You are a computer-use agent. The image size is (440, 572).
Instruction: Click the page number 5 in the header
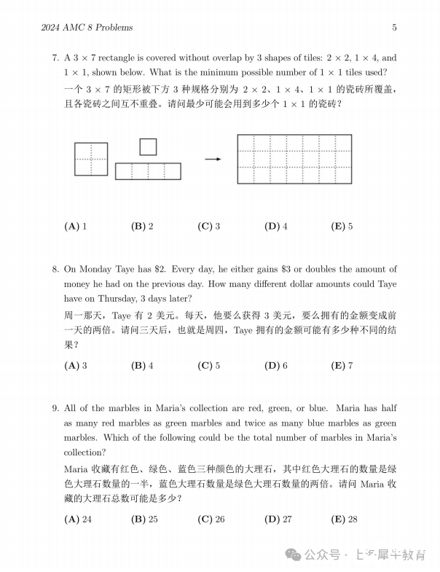394,28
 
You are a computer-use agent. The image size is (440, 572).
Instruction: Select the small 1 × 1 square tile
148,147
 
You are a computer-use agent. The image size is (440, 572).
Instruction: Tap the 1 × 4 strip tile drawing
148,171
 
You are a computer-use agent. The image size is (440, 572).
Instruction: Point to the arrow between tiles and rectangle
213,159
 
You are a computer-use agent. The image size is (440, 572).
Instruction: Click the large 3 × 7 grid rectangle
294,158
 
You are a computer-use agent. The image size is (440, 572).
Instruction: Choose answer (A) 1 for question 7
76,226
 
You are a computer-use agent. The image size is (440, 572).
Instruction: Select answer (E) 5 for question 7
342,226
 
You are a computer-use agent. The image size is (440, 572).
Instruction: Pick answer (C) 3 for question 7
209,226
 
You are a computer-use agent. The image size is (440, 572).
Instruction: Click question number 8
55,270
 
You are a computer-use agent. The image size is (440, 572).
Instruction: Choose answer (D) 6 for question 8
276,365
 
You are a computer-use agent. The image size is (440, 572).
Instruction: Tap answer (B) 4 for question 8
142,365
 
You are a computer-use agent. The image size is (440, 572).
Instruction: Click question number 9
55,408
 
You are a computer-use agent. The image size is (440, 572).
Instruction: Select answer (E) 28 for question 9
345,519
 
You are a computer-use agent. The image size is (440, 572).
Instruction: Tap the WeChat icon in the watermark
295,555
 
